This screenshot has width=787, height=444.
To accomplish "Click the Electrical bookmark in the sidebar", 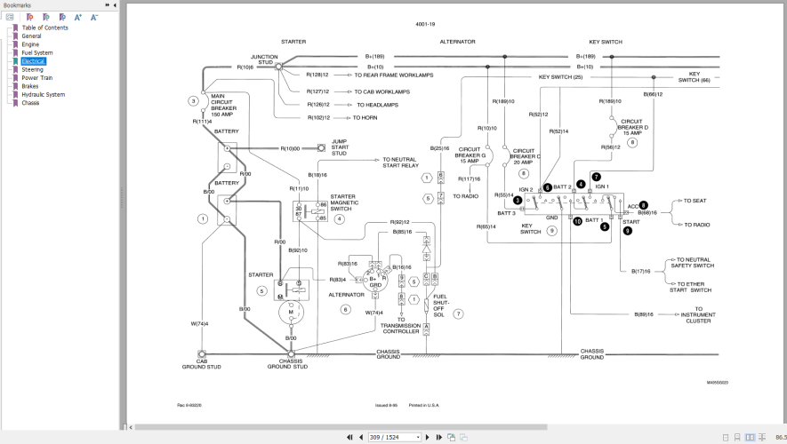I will (x=34, y=61).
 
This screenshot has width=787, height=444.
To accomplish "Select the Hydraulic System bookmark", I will (x=43, y=94).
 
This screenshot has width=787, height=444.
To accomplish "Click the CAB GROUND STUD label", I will (x=202, y=363).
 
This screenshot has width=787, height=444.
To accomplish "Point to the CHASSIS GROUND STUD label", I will (x=288, y=363).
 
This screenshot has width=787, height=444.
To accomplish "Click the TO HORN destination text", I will (x=365, y=117).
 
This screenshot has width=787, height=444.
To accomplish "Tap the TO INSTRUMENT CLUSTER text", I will (x=698, y=318).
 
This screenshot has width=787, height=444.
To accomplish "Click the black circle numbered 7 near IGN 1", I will (x=596, y=177).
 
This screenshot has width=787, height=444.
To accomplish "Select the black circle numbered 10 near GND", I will (x=577, y=221).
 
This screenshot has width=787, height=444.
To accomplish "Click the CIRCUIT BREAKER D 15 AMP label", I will (x=633, y=127).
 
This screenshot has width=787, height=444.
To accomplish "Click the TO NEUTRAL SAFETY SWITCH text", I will (x=691, y=263).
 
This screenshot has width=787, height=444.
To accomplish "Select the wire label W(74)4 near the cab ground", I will (x=199, y=323).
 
